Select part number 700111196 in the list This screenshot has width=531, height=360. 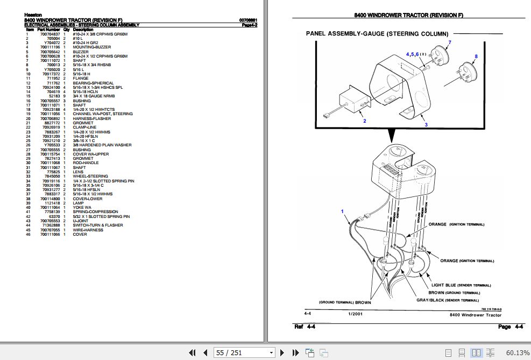(x=50, y=47)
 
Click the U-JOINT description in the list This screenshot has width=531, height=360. (x=80, y=221)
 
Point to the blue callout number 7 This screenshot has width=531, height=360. (x=450, y=43)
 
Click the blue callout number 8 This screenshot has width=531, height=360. (x=476, y=57)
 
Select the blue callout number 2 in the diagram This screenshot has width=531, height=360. (x=364, y=121)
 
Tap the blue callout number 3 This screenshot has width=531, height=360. (x=426, y=125)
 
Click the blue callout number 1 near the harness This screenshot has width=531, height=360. (x=342, y=211)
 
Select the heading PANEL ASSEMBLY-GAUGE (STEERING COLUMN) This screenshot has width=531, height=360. (x=377, y=34)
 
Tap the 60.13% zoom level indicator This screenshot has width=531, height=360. (x=518, y=353)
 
